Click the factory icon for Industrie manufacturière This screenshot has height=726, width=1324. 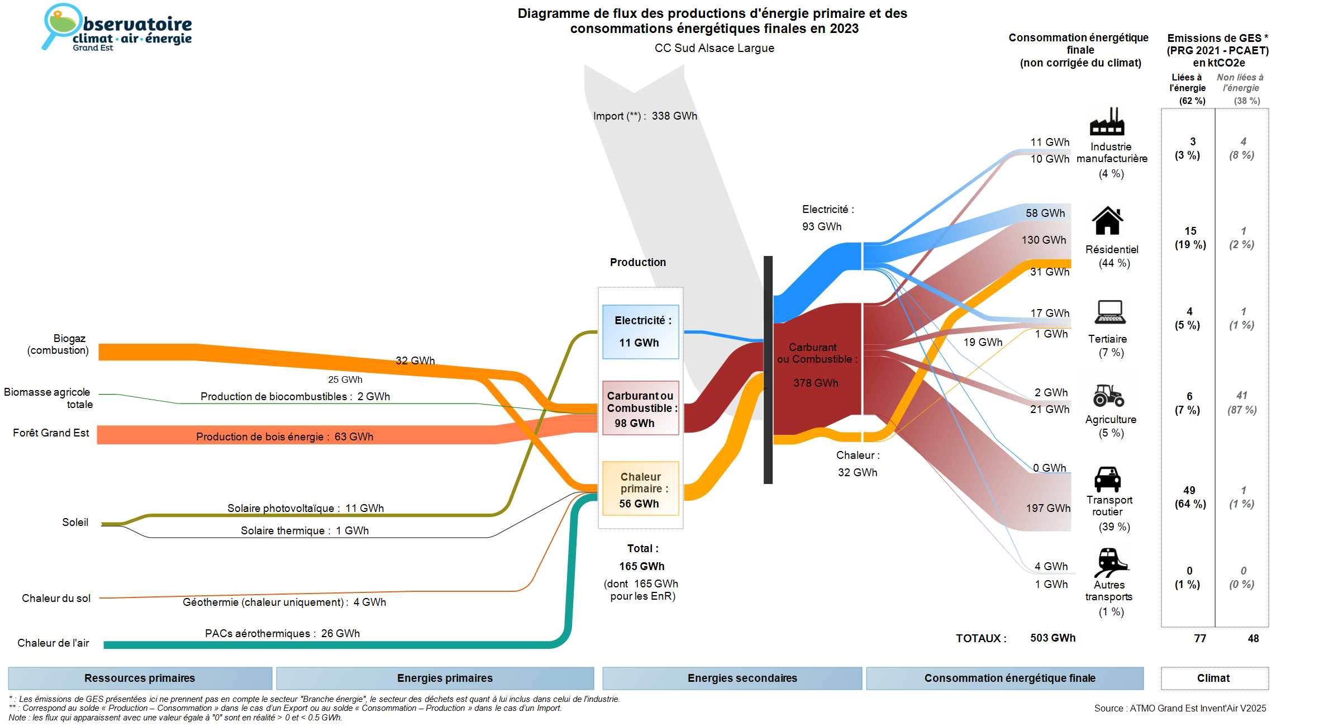coord(1107,121)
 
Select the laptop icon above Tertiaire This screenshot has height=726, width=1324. coord(1110,312)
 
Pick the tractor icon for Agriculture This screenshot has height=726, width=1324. coord(1108,395)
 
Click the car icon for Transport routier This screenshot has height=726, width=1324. coord(1107,479)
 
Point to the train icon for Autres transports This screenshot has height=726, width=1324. coord(1109,562)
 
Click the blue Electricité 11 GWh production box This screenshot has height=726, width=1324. coord(641,331)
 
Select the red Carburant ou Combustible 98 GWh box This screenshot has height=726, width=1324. coord(641,408)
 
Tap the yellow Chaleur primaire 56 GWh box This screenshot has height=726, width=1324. coord(641,488)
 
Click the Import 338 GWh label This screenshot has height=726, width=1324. coord(645,116)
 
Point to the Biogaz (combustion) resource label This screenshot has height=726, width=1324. coord(59,344)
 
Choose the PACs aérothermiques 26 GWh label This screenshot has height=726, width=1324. coord(282,633)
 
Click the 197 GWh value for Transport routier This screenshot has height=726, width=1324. coord(1047,508)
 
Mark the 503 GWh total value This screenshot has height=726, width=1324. coord(1052,638)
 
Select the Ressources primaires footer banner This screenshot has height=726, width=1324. coord(140,678)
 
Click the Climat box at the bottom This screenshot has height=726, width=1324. coord(1214,678)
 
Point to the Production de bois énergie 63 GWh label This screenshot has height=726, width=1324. coord(284,436)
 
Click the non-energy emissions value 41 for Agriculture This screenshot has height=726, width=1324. coord(1241,395)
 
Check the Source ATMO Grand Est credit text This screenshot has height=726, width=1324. coord(1180,708)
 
